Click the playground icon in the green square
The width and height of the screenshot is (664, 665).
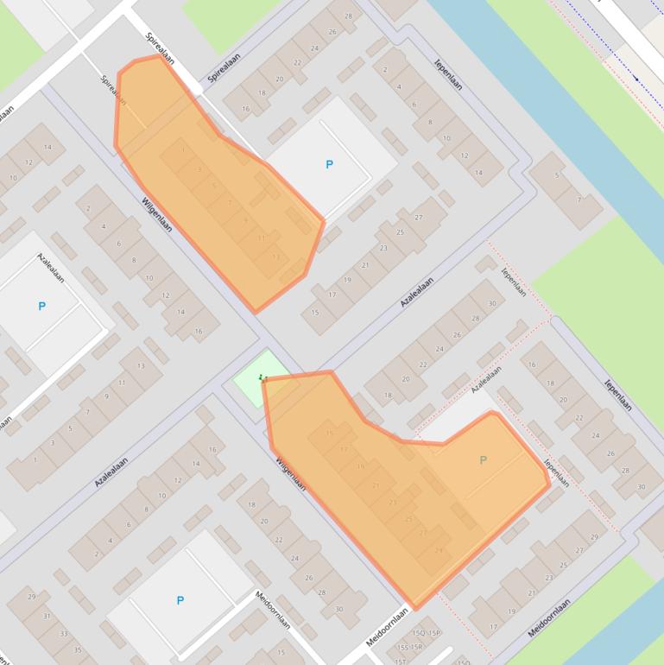coord(263,377)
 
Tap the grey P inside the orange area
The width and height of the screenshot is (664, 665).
coord(483,460)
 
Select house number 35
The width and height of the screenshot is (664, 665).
coord(79,649)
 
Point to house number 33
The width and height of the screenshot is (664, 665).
coord(63,633)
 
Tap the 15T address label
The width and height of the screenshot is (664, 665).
coord(401,661)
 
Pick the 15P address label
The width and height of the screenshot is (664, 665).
coord(434,633)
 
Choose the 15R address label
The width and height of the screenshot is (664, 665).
coord(416,647)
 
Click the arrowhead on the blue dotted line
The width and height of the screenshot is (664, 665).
coord(636,79)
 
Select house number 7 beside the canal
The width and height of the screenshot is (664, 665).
coord(579,200)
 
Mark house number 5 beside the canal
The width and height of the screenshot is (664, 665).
coord(557,175)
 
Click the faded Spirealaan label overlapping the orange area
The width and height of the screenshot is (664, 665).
coord(112,91)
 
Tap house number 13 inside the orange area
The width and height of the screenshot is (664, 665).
coord(276,256)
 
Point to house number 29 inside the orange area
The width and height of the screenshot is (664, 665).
coord(439,550)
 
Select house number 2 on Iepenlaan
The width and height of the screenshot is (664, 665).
coord(384,70)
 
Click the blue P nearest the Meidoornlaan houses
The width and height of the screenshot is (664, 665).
coord(180,600)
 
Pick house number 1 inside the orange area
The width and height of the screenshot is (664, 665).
coord(183,150)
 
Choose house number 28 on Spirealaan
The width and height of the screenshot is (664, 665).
coord(348,16)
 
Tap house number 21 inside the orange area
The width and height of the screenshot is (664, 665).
coord(376,485)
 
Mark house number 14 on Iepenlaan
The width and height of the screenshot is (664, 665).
coord(478,173)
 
